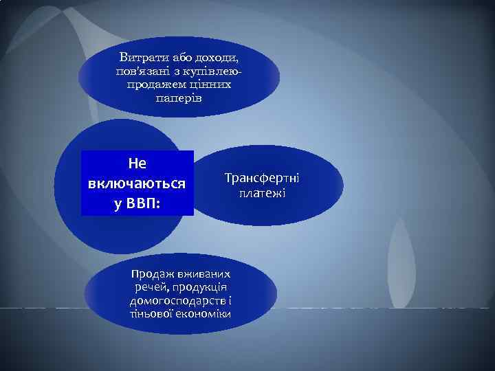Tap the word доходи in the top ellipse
[221, 56]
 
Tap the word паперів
[179, 98]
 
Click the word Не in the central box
[137, 164]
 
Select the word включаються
[137, 184]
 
